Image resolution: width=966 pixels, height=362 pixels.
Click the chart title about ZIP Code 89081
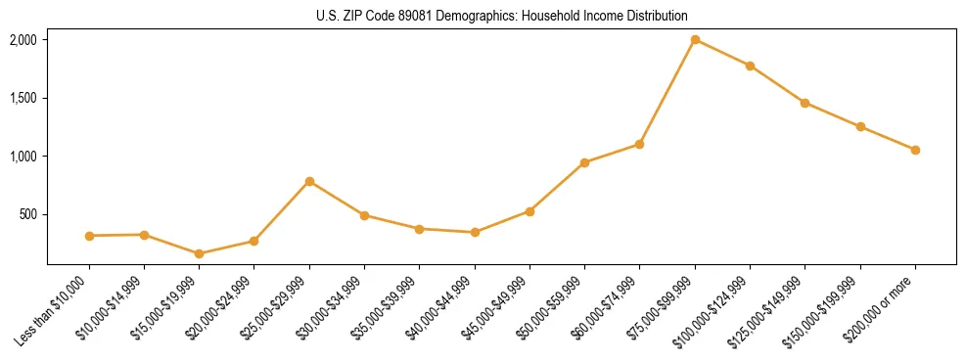tap(501, 16)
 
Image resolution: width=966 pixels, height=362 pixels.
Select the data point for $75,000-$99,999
tap(695, 40)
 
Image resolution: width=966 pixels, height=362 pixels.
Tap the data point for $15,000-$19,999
tap(200, 253)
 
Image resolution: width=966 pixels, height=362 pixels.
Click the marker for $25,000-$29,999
tap(309, 181)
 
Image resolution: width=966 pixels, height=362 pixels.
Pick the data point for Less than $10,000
tap(89, 236)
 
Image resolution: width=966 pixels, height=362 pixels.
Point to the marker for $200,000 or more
tap(915, 150)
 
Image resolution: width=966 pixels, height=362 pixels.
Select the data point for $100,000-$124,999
tap(750, 66)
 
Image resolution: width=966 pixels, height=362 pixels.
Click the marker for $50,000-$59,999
tap(584, 162)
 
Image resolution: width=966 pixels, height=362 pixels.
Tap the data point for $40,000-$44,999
tap(475, 232)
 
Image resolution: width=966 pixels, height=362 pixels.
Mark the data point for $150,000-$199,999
tap(860, 126)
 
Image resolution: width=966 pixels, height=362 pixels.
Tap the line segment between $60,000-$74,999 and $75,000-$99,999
tap(667, 91)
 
